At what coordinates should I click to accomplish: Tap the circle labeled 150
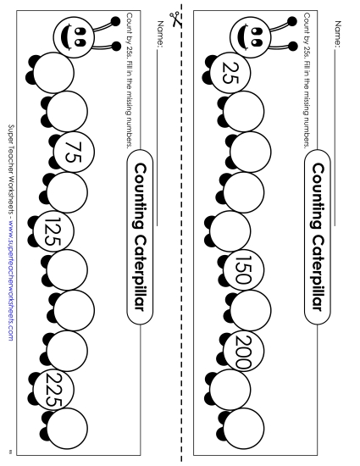coord(246,269)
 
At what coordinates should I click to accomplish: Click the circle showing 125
coord(53,230)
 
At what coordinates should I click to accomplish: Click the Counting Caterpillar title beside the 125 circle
coord(141,237)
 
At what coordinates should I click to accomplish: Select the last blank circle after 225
coord(67,424)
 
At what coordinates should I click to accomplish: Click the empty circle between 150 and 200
coord(251,310)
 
